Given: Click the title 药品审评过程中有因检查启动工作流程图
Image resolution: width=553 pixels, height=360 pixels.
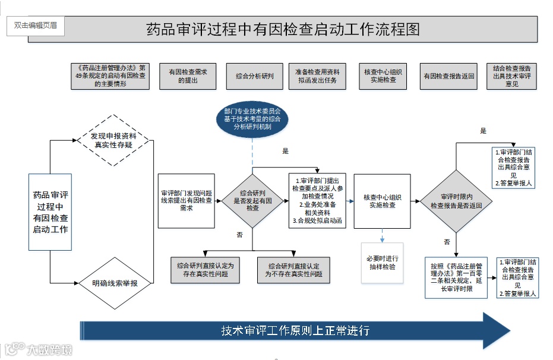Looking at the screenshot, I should (x=283, y=30).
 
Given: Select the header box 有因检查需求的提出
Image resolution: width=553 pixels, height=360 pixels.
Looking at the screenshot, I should (x=187, y=76).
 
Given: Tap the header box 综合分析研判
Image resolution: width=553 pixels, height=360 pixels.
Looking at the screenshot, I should (x=254, y=76).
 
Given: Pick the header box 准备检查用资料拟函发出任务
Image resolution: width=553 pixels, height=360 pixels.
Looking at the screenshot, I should (x=318, y=76).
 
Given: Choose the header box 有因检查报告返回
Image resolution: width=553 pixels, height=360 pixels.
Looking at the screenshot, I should (x=448, y=76).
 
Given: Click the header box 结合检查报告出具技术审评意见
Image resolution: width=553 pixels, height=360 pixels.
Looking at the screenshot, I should (x=511, y=76).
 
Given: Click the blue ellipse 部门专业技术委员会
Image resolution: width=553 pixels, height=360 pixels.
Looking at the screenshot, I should (x=252, y=119).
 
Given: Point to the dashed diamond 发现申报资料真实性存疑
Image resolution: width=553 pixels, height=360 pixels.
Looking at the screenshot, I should (x=115, y=140).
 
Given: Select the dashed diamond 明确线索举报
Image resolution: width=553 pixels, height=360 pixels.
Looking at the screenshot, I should (x=115, y=283).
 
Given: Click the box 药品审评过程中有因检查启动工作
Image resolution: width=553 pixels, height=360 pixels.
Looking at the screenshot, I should (x=50, y=212).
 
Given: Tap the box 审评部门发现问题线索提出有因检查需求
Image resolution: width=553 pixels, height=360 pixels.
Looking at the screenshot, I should (x=187, y=201).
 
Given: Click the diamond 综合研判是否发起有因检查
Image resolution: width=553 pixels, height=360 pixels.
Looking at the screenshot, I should (x=252, y=201).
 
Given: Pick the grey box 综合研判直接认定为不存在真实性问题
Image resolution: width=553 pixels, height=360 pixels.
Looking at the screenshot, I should (x=293, y=270).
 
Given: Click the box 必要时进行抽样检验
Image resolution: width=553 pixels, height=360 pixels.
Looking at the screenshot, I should (x=382, y=263).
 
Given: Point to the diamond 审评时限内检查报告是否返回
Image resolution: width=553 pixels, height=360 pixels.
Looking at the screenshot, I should (x=456, y=201).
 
